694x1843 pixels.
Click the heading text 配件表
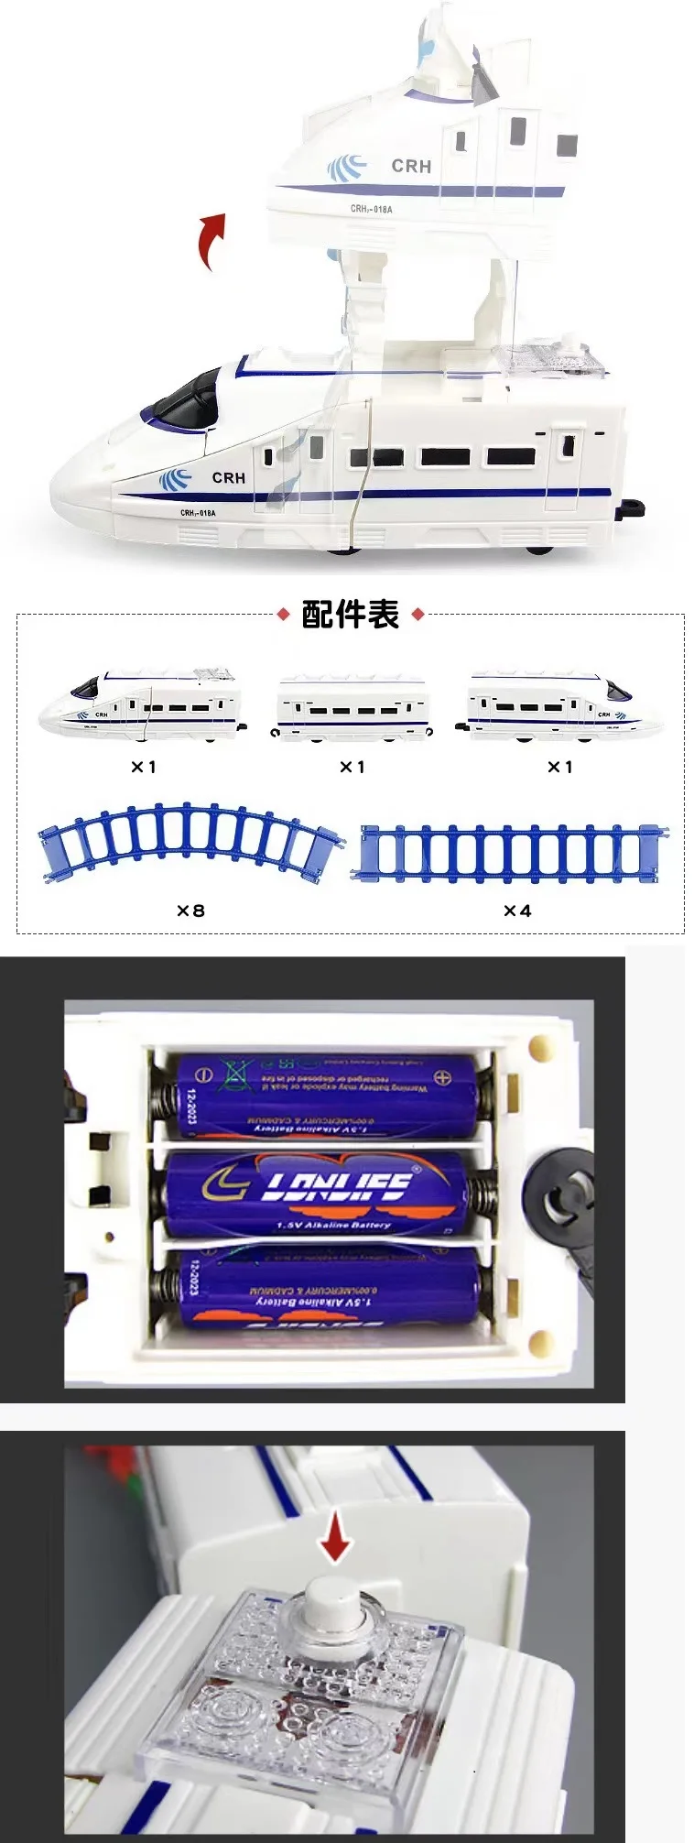(351, 615)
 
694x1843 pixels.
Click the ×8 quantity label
(190, 911)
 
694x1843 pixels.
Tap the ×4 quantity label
(517, 911)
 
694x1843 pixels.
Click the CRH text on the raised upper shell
(410, 166)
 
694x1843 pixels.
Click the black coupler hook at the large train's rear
(632, 505)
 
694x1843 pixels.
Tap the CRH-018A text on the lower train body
(198, 513)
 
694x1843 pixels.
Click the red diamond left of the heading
(283, 615)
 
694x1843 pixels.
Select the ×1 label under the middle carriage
(352, 767)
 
